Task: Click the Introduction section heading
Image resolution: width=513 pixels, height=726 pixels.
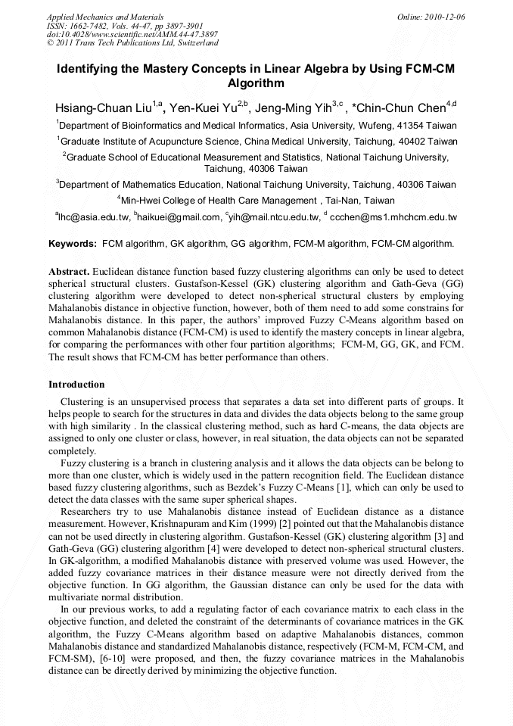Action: tap(76, 385)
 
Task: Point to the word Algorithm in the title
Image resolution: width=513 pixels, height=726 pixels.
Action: tap(256, 83)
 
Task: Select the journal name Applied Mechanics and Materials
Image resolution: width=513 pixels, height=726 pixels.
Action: tap(104, 16)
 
